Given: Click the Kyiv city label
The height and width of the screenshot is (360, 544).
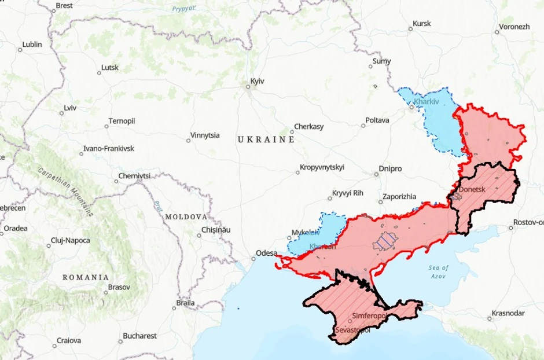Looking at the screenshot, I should click(x=257, y=81).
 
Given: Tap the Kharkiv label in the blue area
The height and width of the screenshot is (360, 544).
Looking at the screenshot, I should click(x=427, y=102).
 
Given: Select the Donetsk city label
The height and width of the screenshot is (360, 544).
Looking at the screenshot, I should click(x=471, y=189).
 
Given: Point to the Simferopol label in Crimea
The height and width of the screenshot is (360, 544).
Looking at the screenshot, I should click(x=369, y=316).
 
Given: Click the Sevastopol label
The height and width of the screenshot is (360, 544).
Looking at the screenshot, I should click(x=352, y=330).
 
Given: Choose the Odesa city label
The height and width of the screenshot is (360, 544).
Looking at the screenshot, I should click(x=267, y=253).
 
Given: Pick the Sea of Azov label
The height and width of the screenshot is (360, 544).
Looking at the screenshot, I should click(x=439, y=271).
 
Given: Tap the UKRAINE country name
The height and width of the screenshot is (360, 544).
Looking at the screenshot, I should click(x=266, y=139).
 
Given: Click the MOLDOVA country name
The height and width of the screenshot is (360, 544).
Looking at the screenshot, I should click(x=186, y=216).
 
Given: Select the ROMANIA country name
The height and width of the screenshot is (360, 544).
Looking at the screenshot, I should click(x=86, y=277).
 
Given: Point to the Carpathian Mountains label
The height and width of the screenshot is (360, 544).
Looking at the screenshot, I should click(x=65, y=191).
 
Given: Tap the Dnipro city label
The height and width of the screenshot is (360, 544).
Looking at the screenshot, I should click(x=390, y=168).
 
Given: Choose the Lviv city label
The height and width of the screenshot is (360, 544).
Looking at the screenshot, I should click(x=70, y=108).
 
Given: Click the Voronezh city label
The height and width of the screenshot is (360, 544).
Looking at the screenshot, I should click(x=514, y=27).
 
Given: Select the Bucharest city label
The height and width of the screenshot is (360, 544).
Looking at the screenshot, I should click(x=139, y=336).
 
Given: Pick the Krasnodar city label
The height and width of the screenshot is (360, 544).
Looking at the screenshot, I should click(x=508, y=313).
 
